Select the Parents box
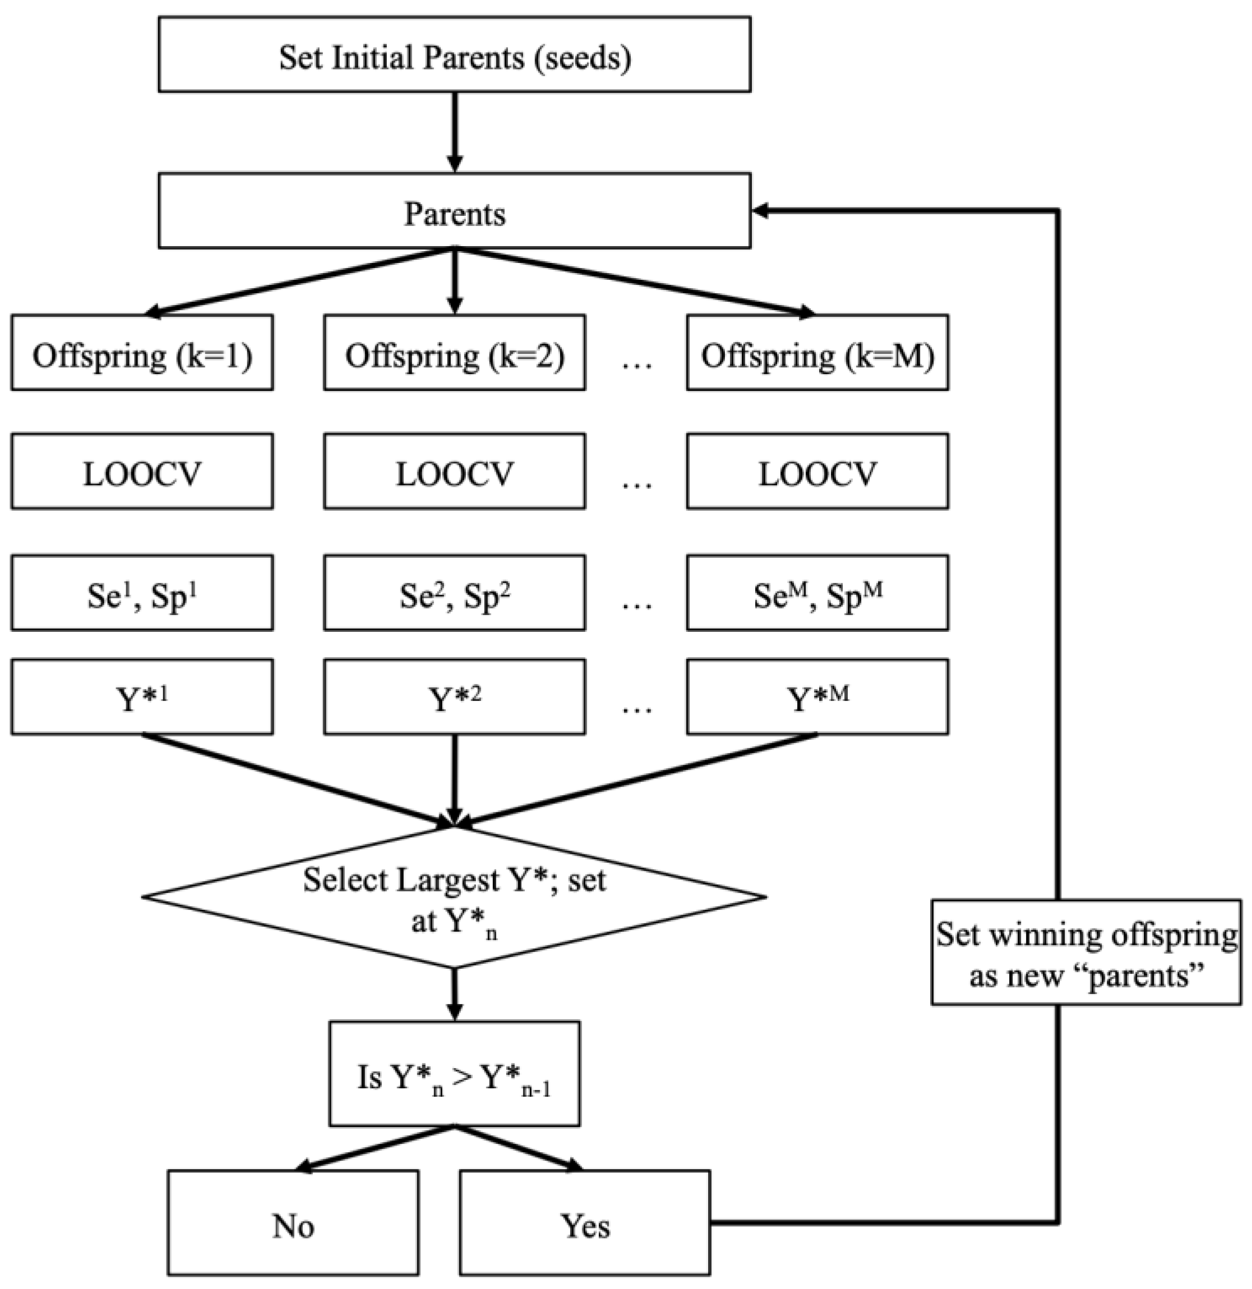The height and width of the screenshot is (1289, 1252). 454,211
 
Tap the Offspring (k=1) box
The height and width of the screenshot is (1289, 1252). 142,353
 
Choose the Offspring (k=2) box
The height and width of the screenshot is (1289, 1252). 454,353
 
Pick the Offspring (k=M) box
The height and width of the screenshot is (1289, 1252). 817,353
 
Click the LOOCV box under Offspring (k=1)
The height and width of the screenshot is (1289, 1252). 142,472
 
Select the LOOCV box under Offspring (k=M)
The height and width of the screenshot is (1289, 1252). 817,472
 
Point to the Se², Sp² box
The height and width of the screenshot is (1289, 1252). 454,593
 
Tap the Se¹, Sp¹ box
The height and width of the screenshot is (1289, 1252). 142,593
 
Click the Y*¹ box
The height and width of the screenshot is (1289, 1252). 142,697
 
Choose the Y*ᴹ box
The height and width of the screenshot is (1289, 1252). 817,697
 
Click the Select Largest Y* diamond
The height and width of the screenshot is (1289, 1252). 454,898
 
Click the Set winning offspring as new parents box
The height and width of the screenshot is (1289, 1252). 1085,952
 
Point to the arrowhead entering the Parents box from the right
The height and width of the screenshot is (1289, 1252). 761,210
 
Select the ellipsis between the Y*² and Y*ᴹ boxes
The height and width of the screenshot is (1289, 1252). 636,707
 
